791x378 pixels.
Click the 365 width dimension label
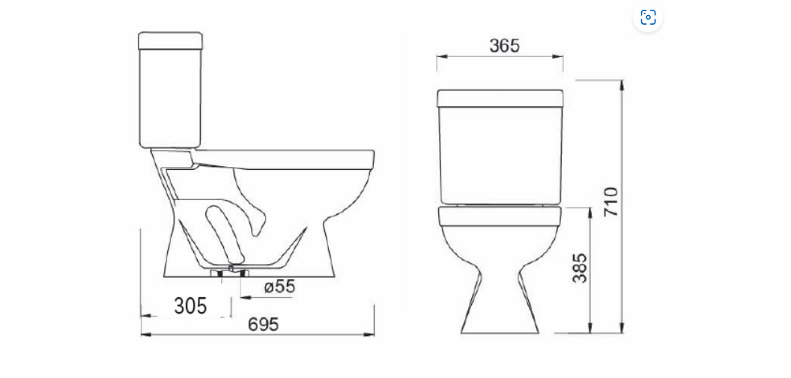coord(504,46)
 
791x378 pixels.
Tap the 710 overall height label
coord(611,201)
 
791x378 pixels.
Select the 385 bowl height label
coord(580,268)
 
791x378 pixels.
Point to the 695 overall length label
coord(263,325)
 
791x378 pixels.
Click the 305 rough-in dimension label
coord(190,306)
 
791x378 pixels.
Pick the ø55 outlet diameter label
coord(279,287)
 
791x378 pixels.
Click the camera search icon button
coord(648,17)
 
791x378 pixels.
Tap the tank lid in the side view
coord(171,41)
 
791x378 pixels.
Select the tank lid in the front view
coord(500,98)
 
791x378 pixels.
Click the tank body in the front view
coord(500,155)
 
